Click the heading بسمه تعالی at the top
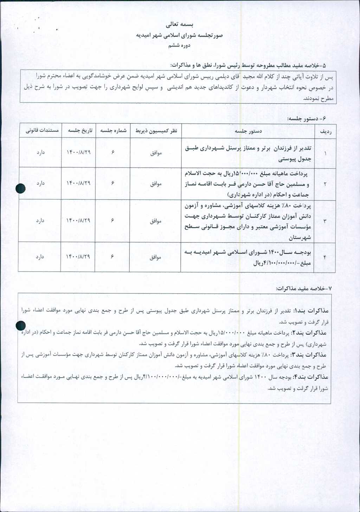click(180, 25)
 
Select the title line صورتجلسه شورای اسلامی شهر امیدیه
click(179, 35)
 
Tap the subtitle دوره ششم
click(179, 45)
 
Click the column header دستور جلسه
click(248, 131)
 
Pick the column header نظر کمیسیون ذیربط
click(156, 131)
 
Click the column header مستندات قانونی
click(41, 131)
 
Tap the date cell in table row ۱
click(78, 153)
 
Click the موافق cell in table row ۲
click(155, 184)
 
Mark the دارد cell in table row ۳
click(40, 221)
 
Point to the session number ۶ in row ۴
click(112, 257)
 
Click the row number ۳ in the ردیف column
click(325, 221)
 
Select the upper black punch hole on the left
click(21, 189)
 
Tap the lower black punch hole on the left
click(21, 326)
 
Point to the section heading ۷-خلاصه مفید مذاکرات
click(303, 288)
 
